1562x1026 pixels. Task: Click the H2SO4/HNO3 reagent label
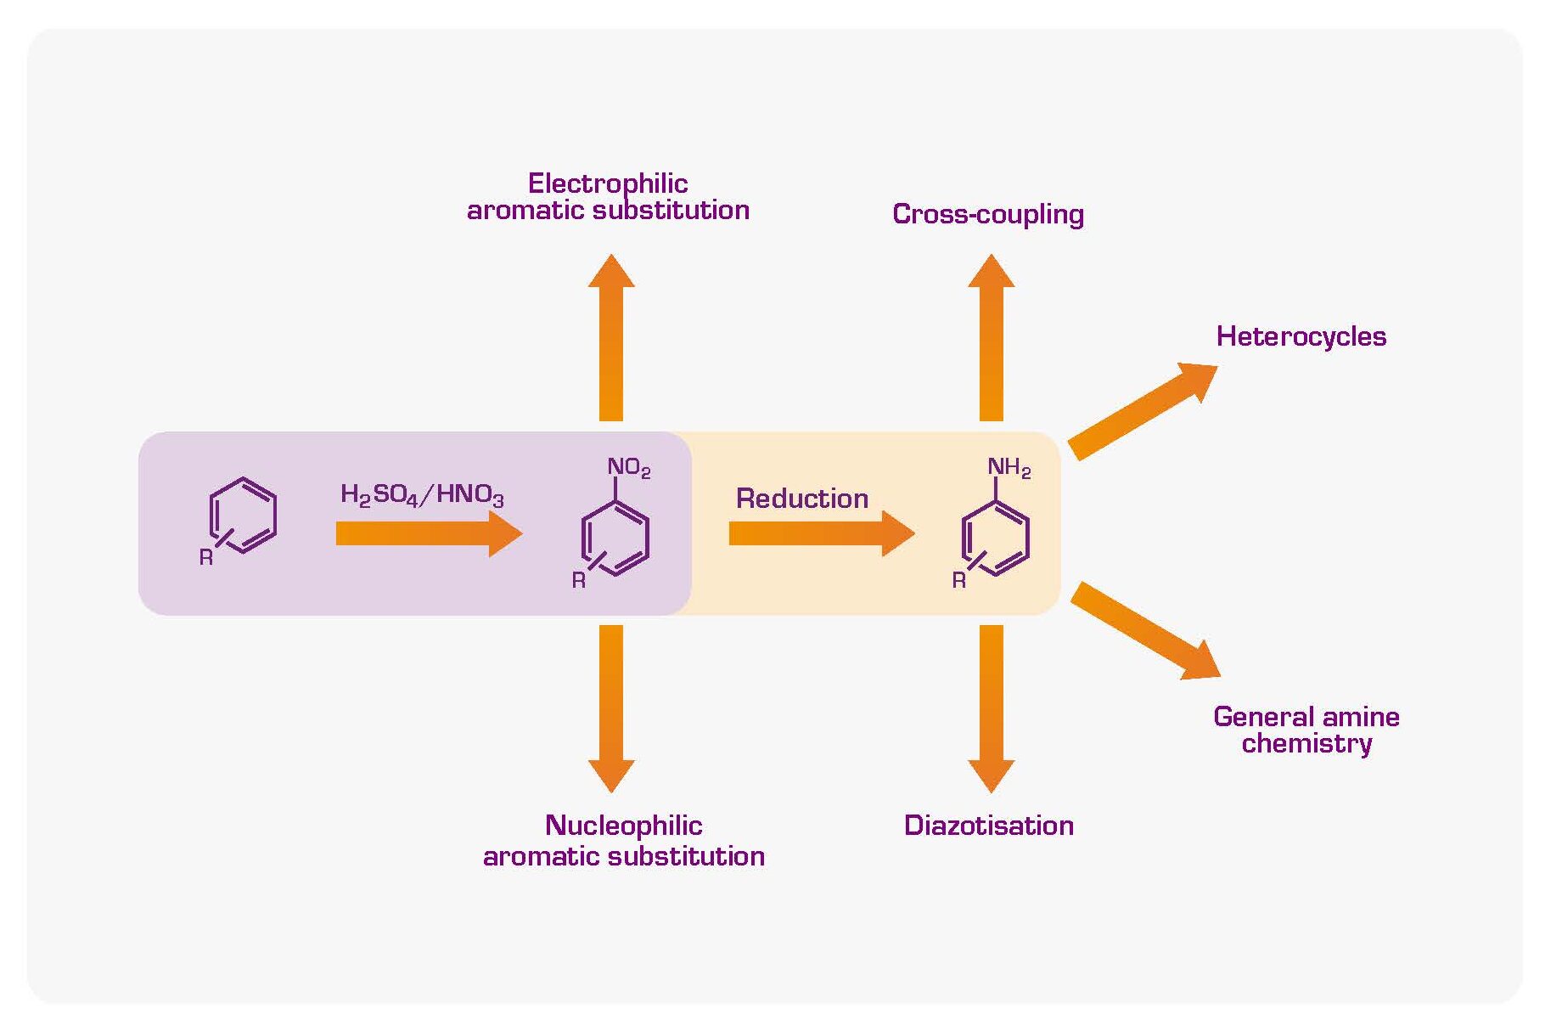422,495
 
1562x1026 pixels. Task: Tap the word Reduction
802,499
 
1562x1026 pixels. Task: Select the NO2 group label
628,468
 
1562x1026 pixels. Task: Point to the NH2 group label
1009,468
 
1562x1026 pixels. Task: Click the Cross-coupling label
988,214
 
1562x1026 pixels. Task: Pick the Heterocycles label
1301,336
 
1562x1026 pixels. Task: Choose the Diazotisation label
989,826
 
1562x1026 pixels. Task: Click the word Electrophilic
608,183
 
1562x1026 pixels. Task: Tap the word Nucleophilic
624,826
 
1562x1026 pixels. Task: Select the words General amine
1306,717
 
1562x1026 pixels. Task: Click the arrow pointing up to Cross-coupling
991,340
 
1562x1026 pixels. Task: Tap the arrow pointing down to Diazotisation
991,705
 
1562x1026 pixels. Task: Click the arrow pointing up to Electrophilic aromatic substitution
610,340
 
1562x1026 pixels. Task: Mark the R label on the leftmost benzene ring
206,558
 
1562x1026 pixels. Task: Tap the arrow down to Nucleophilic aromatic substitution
610,705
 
